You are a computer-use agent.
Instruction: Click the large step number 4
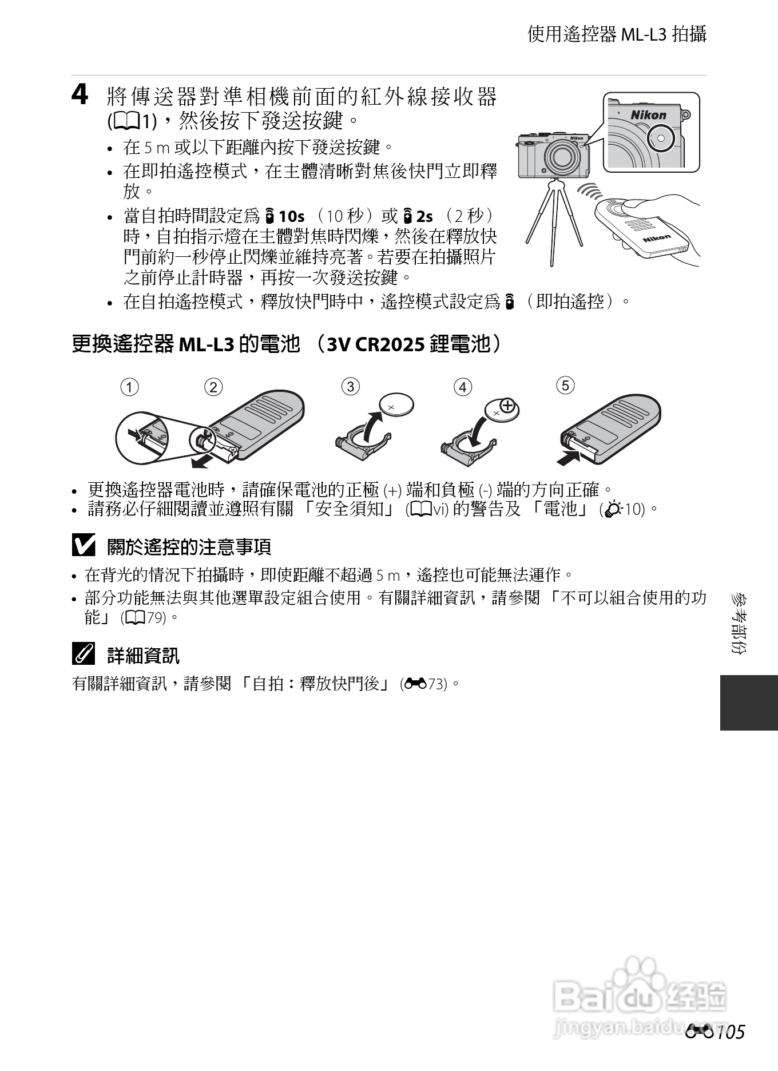80,95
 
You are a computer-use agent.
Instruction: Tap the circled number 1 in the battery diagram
129,387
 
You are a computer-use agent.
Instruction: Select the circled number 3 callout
350,386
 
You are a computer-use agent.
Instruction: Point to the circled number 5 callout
565,385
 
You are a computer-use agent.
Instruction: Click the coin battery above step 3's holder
398,406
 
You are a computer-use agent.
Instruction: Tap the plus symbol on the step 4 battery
507,408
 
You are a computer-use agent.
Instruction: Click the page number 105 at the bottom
730,1032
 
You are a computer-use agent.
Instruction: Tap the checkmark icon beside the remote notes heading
84,546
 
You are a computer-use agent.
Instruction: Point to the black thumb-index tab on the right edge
749,703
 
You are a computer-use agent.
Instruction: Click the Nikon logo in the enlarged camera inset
648,115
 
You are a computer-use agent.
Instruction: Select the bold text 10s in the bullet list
292,217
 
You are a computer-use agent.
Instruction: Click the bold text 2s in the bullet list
424,217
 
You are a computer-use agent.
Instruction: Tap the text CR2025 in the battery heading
390,344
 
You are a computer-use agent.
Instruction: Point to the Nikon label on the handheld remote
656,238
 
